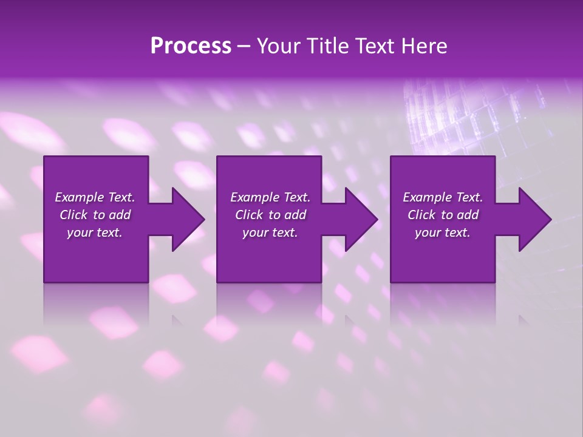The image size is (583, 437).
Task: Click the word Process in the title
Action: [191, 46]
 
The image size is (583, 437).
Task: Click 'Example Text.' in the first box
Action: [95, 197]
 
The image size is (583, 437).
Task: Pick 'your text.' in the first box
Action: [95, 232]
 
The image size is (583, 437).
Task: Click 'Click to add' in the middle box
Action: [270, 215]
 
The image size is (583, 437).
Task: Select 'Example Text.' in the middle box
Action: [270, 197]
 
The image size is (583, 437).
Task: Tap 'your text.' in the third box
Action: [443, 232]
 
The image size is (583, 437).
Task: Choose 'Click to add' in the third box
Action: [443, 215]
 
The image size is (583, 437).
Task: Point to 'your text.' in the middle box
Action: [270, 232]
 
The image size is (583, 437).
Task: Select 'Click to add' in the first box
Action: [95, 215]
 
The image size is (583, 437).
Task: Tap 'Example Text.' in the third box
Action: [443, 197]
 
